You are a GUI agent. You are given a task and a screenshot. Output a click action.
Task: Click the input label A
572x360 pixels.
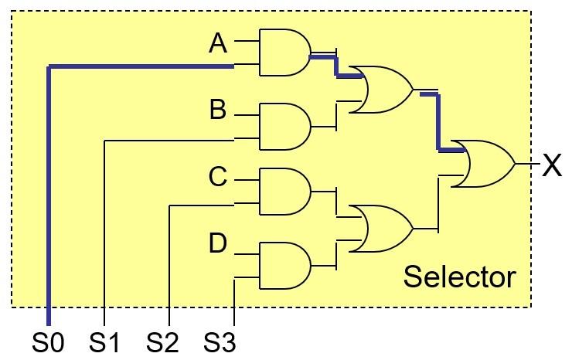(218, 44)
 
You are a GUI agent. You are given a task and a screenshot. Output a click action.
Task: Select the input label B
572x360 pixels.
(218, 110)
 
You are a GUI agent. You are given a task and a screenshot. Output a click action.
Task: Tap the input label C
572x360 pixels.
(218, 177)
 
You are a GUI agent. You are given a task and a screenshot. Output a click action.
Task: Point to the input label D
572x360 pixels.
(218, 243)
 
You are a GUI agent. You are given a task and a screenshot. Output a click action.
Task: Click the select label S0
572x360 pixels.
(48, 342)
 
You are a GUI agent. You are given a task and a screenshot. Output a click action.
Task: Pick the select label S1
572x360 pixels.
(104, 342)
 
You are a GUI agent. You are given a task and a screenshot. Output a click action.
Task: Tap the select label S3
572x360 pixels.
(220, 342)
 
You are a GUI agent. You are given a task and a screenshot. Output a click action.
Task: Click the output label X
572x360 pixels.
(551, 165)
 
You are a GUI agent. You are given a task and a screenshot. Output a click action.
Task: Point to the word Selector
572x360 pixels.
(459, 277)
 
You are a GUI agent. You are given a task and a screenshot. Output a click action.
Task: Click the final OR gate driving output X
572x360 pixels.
(484, 164)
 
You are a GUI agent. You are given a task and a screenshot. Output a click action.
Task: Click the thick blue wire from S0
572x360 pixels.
(49, 193)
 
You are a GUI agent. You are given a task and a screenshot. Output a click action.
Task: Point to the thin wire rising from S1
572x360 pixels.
(104, 232)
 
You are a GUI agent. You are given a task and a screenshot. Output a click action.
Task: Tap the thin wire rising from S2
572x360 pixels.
(169, 263)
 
